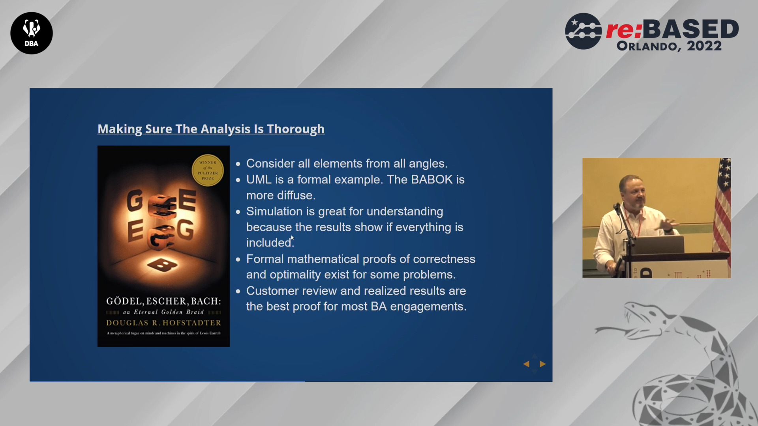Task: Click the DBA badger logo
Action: [32, 33]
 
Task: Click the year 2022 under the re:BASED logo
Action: [704, 46]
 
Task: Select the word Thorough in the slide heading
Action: [296, 129]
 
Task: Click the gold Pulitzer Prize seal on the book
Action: [208, 170]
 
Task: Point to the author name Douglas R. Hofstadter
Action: [163, 323]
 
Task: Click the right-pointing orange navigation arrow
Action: [543, 364]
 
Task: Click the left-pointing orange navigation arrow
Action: [526, 364]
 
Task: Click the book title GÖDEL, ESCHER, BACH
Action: [163, 301]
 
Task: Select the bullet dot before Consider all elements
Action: [238, 164]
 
